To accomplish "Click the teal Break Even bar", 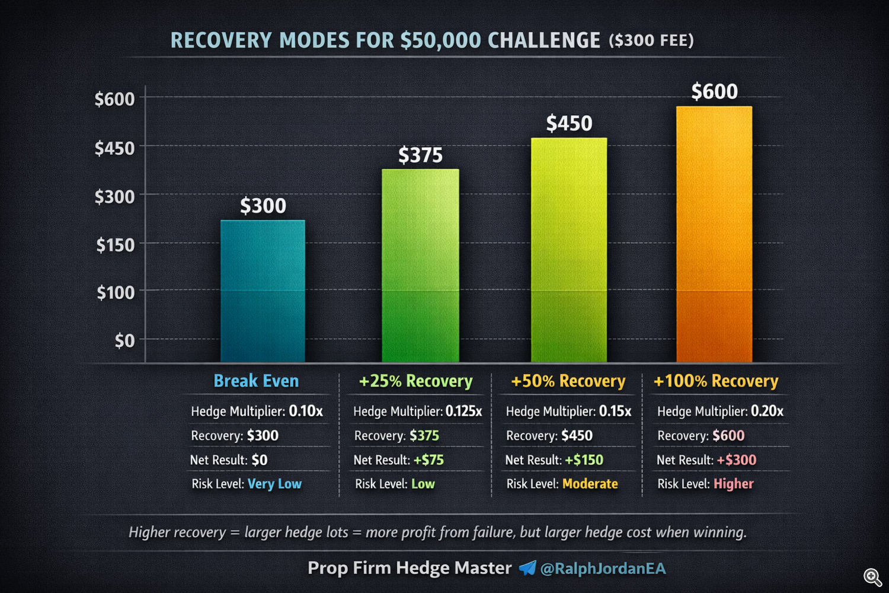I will click(263, 291).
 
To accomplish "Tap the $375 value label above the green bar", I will click(420, 155).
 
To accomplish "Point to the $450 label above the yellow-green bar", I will click(569, 123).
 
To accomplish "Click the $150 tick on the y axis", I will click(116, 244).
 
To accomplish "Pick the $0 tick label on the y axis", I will click(124, 340).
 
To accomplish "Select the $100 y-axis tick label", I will click(116, 292).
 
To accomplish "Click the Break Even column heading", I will click(256, 381).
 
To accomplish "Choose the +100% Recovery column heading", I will click(715, 381).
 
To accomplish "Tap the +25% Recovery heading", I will click(415, 381).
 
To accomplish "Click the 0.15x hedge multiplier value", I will click(615, 411).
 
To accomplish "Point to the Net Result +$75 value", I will click(428, 460).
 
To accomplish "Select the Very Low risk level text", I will click(274, 484).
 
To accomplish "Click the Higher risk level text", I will click(733, 484).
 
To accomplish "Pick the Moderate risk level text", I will click(590, 484).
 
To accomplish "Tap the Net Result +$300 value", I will click(736, 460).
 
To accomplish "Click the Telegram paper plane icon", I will click(527, 568).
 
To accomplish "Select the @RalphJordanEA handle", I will click(603, 569).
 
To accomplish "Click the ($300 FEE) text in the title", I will click(651, 40).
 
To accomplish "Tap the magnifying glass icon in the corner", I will click(872, 577).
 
